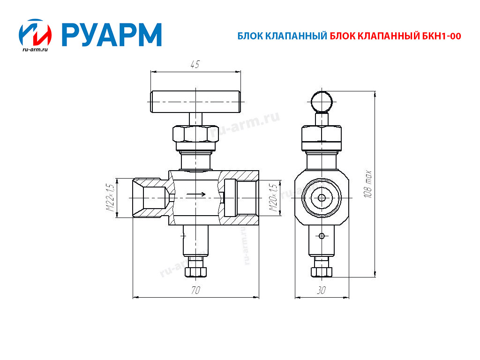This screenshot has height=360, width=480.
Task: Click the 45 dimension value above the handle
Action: click(x=195, y=65)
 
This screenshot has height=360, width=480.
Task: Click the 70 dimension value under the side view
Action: click(x=195, y=290)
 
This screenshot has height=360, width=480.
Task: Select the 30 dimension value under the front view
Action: click(x=321, y=290)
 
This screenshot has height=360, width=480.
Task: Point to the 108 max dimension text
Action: click(x=368, y=184)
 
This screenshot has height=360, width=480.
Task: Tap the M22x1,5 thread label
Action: click(x=110, y=198)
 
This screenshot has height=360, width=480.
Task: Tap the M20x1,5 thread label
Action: click(x=273, y=198)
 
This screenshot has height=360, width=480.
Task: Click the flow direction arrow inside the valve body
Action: click(x=196, y=194)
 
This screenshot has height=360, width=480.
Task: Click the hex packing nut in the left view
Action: click(x=195, y=135)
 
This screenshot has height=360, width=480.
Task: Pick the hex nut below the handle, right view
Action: click(x=321, y=135)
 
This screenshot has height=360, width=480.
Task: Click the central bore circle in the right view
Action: click(x=322, y=198)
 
